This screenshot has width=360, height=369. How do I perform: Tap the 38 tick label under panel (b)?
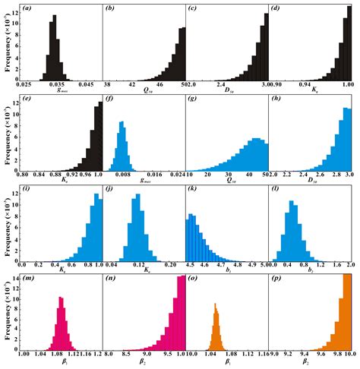[109, 84]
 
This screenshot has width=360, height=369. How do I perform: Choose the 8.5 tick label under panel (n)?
[129, 354]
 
